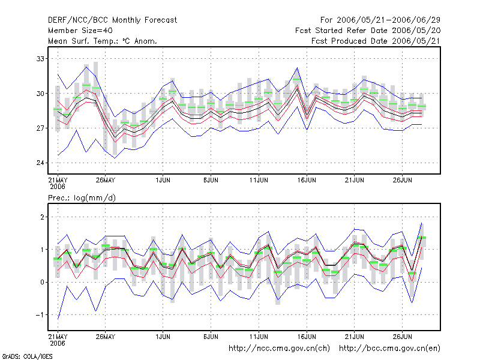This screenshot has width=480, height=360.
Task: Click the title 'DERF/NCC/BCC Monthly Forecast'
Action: (x=112, y=20)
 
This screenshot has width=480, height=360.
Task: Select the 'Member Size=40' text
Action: (x=80, y=31)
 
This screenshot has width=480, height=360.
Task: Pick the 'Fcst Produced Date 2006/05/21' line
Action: (x=376, y=41)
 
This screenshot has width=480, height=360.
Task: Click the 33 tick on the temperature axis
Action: (x=40, y=58)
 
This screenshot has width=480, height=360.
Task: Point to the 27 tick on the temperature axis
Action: (x=40, y=128)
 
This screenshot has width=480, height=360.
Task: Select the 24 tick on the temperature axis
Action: (x=40, y=163)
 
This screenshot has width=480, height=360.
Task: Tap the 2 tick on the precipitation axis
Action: (x=42, y=217)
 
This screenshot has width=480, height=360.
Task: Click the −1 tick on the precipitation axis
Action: (x=40, y=314)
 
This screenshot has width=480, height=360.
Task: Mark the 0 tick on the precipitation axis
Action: (x=42, y=282)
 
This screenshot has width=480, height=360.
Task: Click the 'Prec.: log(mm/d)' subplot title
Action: (x=82, y=198)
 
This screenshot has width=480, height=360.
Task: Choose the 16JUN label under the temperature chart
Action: (x=307, y=180)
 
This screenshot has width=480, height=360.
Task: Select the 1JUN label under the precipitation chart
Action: (x=163, y=337)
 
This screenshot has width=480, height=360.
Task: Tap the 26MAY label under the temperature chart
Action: (x=106, y=180)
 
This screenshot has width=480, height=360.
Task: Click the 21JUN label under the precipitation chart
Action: (x=355, y=337)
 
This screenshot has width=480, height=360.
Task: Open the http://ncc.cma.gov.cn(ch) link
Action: (x=279, y=349)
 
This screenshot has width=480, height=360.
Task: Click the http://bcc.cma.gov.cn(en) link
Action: (x=389, y=349)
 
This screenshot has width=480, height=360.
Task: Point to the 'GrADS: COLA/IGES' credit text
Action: (x=27, y=356)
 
